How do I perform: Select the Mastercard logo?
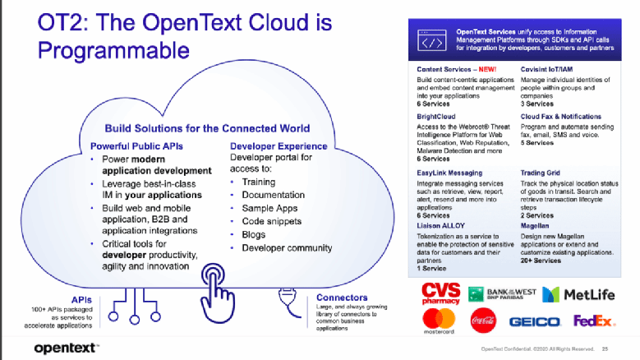pyautogui.click(x=439, y=321)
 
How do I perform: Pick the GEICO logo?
pyautogui.click(x=534, y=321)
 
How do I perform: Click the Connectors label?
pyautogui.click(x=337, y=298)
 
